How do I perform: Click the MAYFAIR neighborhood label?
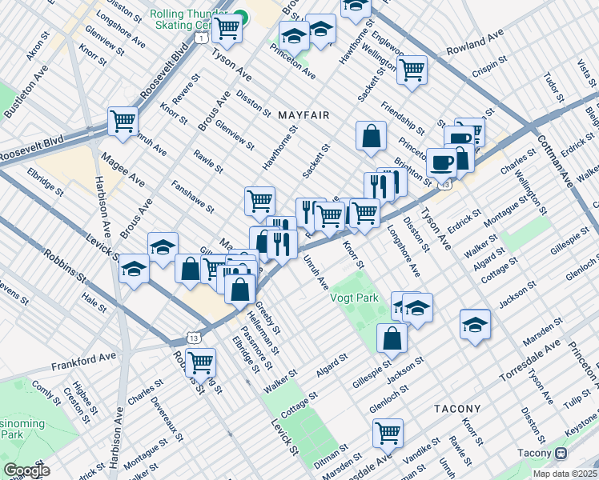(x=304, y=116)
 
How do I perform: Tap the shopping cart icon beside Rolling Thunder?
(x=227, y=28)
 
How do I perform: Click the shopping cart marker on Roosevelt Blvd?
(x=123, y=122)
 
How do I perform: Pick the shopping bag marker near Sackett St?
(x=371, y=136)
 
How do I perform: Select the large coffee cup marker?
(x=441, y=163)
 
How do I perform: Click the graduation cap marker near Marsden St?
(x=475, y=325)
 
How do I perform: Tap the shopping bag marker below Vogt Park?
(x=392, y=338)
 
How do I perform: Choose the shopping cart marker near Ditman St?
(x=388, y=433)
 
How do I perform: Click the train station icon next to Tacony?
(x=561, y=453)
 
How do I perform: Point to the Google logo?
(x=26, y=470)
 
